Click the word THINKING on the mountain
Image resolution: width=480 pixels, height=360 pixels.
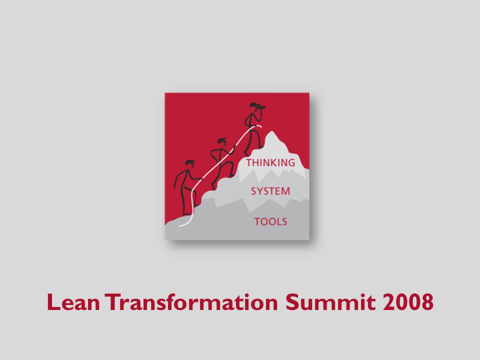pos(270,162)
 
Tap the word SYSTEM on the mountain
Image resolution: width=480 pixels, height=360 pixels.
pos(270,191)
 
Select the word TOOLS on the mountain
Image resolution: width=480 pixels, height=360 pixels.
pos(270,221)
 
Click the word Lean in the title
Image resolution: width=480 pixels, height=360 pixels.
pos(73,302)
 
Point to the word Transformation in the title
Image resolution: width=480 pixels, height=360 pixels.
pos(191,302)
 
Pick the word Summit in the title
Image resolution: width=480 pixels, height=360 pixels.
pos(330,302)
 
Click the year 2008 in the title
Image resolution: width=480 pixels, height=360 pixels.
pos(408,302)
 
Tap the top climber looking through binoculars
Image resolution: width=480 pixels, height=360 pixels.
pos(253,128)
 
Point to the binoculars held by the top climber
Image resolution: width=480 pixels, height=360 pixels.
pos(260,107)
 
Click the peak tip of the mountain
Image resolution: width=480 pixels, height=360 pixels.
pos(271,131)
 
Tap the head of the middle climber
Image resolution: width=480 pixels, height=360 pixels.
pos(222,141)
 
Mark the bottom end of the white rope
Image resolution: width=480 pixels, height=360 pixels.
pos(179,226)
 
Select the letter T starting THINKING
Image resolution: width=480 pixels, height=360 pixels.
pos(249,162)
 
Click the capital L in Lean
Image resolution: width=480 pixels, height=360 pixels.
pos(53,302)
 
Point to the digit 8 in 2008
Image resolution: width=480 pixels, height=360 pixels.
pos(427,302)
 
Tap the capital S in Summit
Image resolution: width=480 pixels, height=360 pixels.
pos(292,302)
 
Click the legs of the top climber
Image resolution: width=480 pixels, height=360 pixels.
pos(253,142)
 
